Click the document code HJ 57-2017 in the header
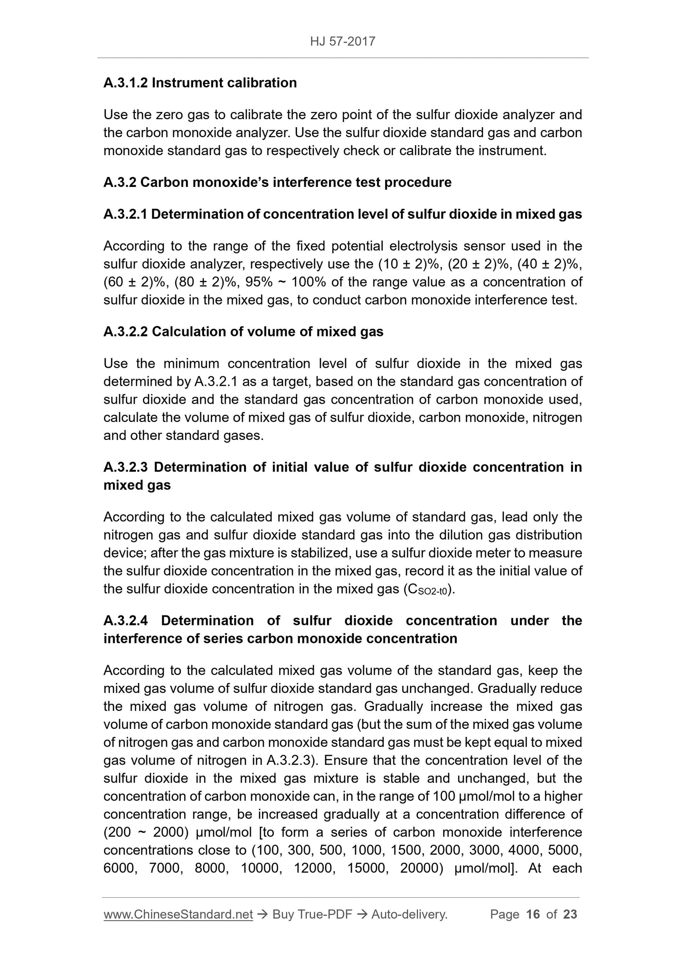click(343, 42)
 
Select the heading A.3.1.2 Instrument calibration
click(200, 83)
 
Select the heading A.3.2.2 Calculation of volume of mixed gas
click(243, 332)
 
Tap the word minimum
click(191, 364)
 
